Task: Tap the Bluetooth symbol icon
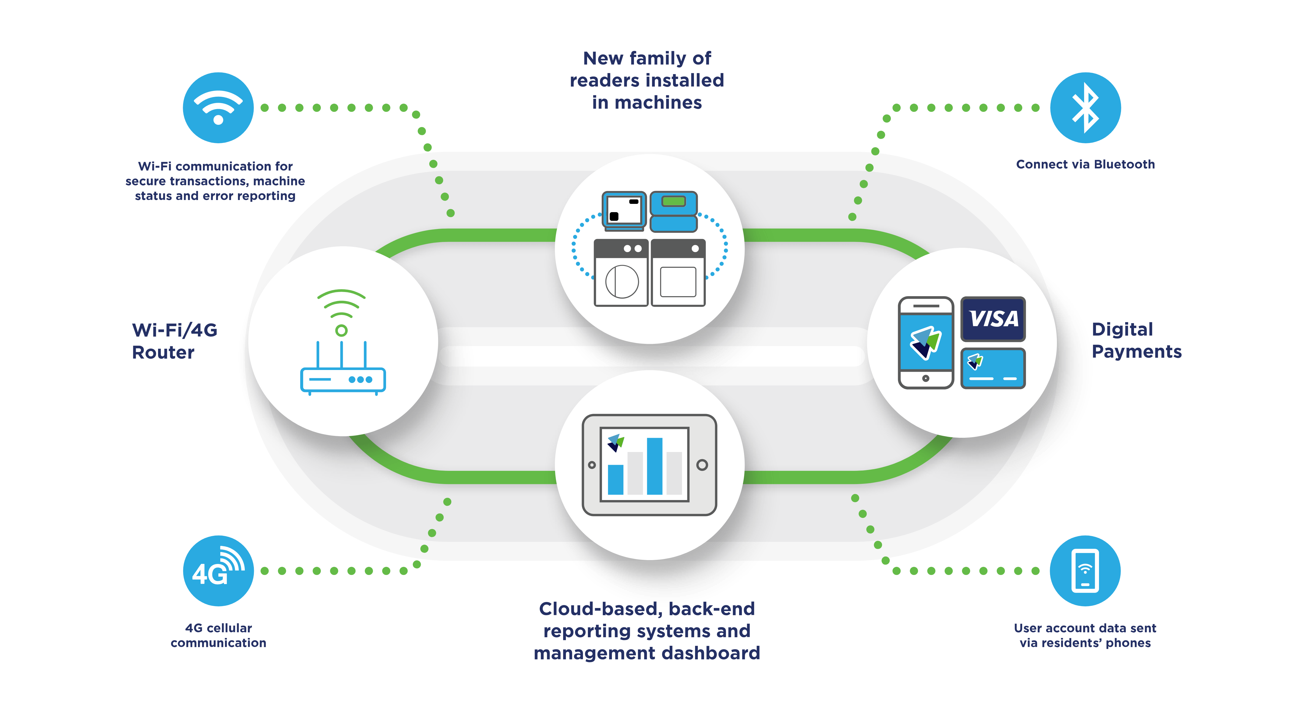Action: point(1085,108)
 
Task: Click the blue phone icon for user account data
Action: point(1085,571)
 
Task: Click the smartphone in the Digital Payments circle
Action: point(926,343)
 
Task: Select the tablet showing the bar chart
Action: point(649,465)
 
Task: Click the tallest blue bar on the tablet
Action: point(655,466)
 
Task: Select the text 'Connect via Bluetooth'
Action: point(1085,164)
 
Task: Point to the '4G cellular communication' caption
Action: point(218,635)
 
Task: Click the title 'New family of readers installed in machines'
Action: point(647,80)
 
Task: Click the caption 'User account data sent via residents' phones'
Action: point(1085,635)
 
